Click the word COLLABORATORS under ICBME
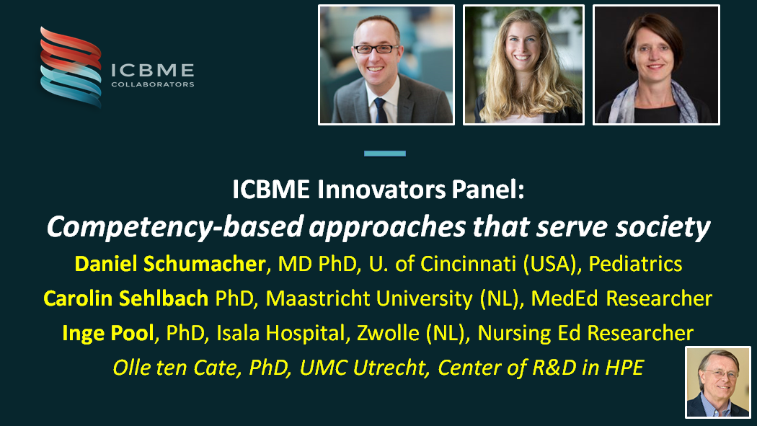click(152, 84)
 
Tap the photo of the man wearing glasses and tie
click(386, 65)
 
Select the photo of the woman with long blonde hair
click(523, 65)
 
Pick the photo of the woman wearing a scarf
click(656, 65)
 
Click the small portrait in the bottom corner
click(717, 382)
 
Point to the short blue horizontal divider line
click(385, 154)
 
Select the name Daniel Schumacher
click(170, 264)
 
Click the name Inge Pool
click(112, 332)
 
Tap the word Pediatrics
click(635, 264)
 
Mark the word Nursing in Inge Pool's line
click(513, 332)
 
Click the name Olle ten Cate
click(177, 368)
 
